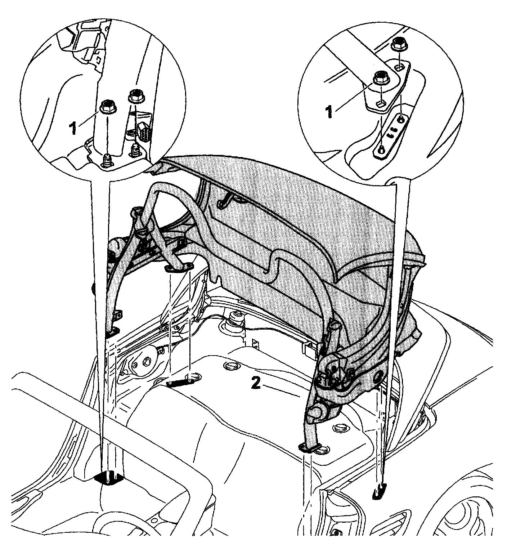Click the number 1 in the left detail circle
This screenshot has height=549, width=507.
pos(73,128)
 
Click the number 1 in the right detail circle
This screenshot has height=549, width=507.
pos(329,112)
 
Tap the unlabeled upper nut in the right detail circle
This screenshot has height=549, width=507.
pos(399,44)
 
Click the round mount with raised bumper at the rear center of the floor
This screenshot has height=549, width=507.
pos(235,319)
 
